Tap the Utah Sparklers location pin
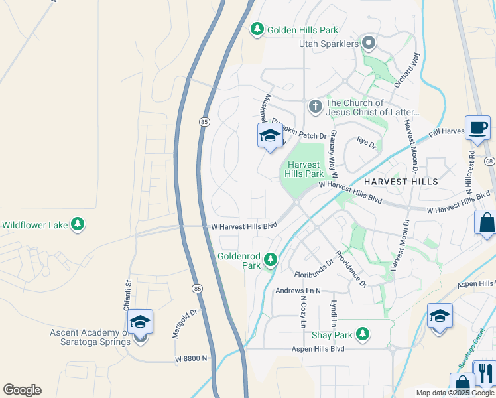369,44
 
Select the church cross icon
315,105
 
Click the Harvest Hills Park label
304,169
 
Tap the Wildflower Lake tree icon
78,224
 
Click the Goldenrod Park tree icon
270,259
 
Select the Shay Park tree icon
362,334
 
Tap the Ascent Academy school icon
140,323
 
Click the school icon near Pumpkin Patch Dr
269,137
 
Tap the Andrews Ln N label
298,291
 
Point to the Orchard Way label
416,70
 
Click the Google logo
22,390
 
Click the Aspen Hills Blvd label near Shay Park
318,348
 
